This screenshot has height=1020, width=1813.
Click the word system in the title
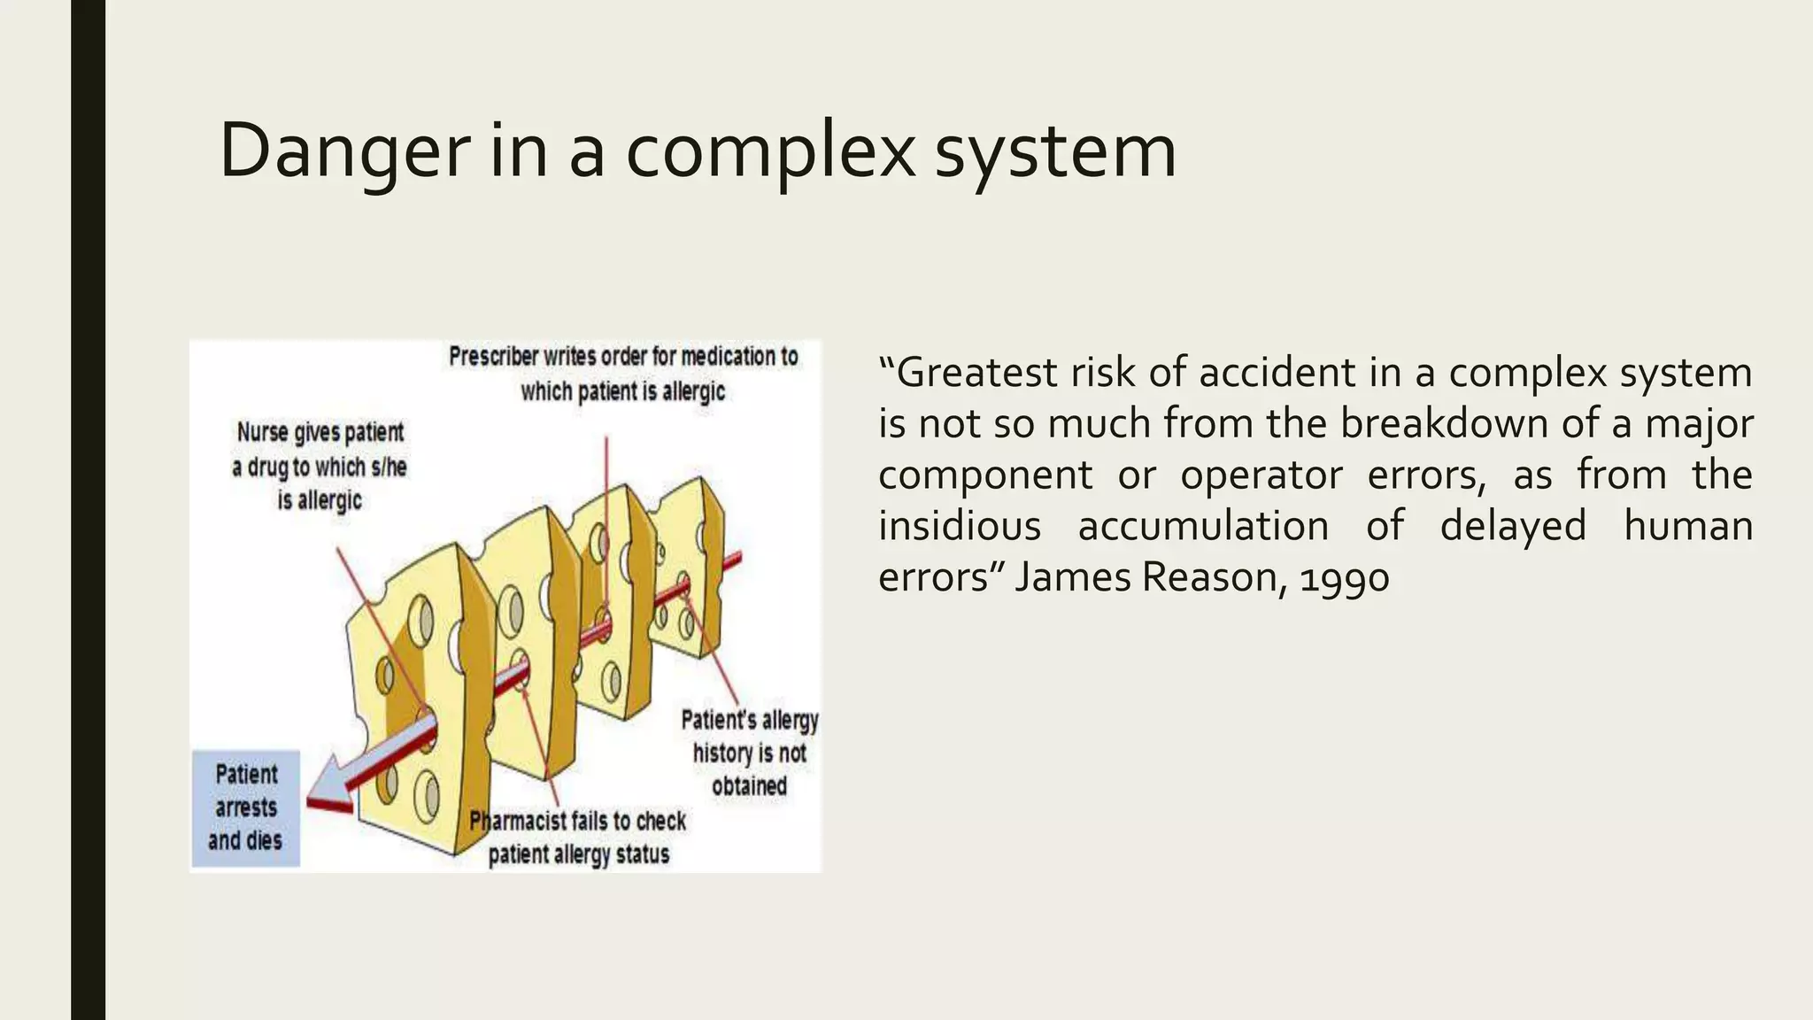1055,151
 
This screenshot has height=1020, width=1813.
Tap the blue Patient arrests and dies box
246,807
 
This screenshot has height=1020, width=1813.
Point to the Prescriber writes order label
623,374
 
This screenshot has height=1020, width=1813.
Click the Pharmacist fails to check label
578,838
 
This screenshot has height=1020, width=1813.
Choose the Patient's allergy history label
750,753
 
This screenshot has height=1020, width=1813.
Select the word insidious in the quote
960,527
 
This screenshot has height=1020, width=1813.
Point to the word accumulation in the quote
1203,527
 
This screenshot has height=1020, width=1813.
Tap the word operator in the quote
1261,475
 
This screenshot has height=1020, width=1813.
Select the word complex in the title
770,151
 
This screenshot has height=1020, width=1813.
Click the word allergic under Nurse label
320,500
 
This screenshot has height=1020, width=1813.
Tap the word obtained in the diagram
750,786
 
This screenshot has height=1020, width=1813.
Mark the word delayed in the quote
1512,527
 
